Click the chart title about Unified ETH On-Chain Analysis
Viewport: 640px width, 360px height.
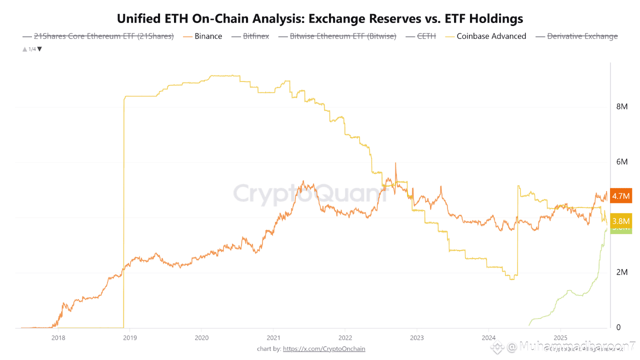(x=320, y=19)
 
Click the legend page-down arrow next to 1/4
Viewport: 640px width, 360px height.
(x=40, y=49)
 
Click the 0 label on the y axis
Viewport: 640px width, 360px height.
(x=618, y=327)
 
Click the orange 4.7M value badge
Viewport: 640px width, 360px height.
(x=621, y=195)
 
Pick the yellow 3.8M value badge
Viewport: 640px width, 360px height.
(x=621, y=220)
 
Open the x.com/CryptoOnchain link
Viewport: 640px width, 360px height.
(x=324, y=348)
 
